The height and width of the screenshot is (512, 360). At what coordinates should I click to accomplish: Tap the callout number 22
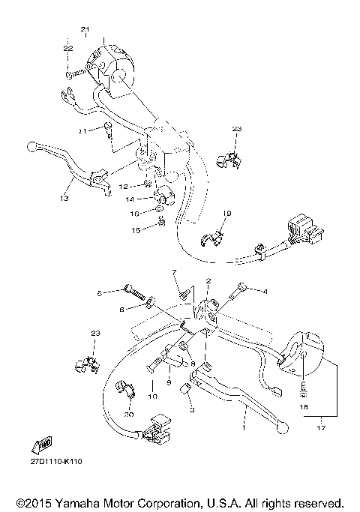[67, 48]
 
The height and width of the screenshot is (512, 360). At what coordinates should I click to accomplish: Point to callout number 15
[135, 229]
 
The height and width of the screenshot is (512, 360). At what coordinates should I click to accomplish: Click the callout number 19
[227, 214]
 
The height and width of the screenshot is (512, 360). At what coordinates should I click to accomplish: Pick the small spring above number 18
[304, 390]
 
